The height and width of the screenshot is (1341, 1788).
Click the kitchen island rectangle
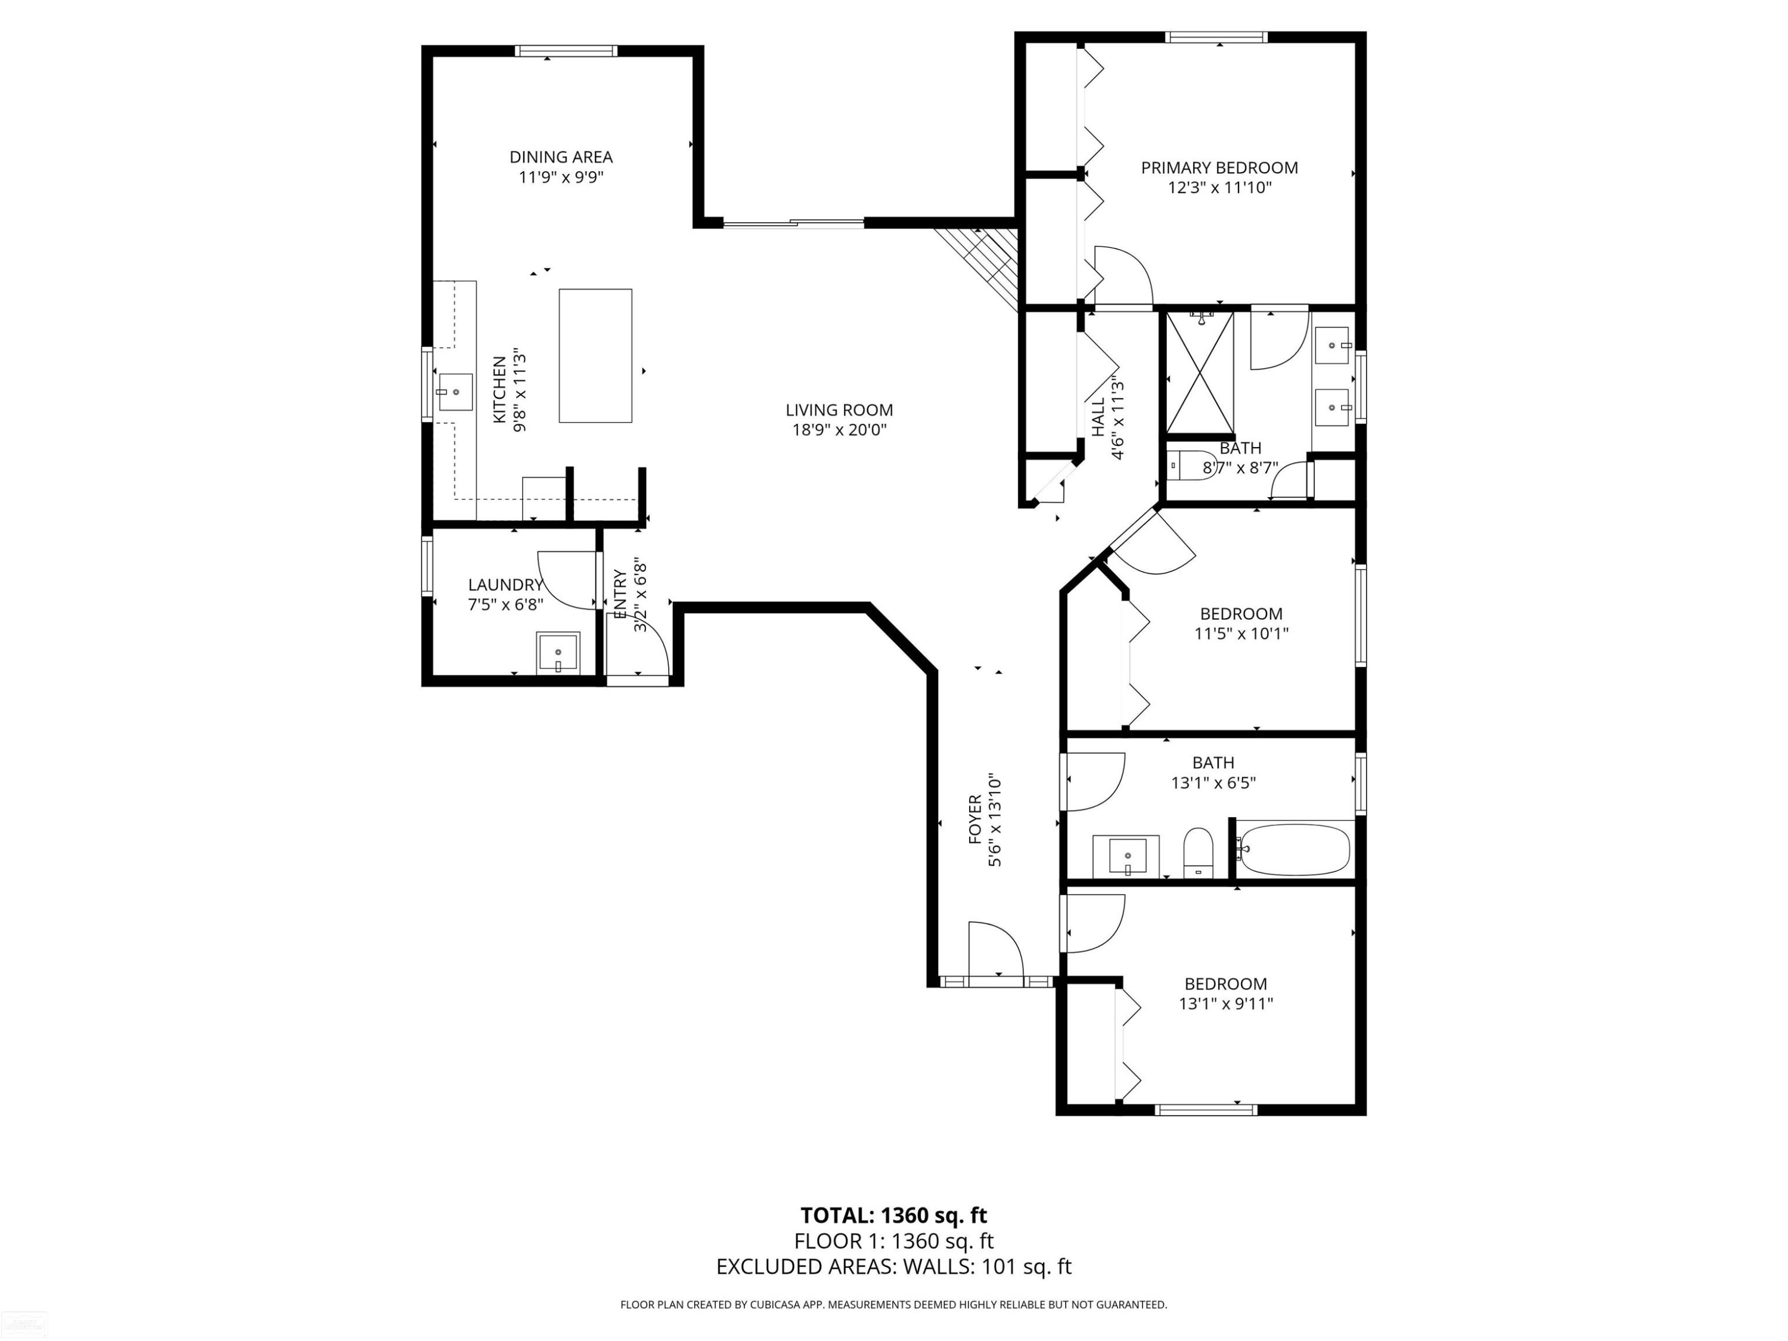(595, 356)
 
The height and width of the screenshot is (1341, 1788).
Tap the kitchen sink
(455, 392)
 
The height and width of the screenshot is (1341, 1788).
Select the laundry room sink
(558, 652)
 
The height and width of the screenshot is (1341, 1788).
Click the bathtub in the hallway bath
(1294, 849)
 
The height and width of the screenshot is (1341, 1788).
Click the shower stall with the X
(1200, 372)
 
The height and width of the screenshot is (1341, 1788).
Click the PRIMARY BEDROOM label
(1219, 168)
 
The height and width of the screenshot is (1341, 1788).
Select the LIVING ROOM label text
(839, 411)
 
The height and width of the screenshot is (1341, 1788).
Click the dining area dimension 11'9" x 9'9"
(561, 177)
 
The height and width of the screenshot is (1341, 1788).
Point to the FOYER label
(975, 819)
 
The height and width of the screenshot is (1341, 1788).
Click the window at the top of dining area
(567, 51)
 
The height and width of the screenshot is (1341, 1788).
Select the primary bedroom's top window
(1216, 37)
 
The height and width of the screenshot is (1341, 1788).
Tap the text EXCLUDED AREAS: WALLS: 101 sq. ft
(893, 1266)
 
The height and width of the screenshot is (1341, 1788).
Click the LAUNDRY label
(505, 585)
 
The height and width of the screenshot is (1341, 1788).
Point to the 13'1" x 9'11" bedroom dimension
(1225, 1004)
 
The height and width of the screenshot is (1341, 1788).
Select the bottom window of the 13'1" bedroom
(1206, 1110)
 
